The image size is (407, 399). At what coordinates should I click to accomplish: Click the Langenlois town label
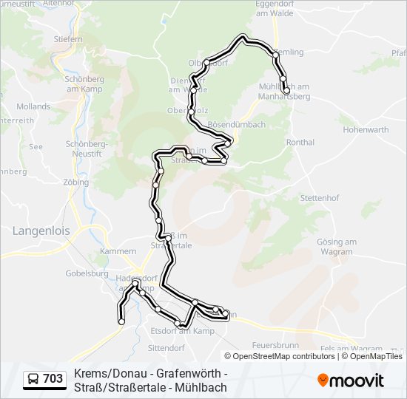tap(41, 231)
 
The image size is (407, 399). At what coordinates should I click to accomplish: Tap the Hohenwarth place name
tap(365, 129)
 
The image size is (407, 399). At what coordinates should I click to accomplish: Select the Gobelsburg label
tap(87, 273)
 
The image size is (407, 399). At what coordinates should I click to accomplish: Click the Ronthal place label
tap(300, 142)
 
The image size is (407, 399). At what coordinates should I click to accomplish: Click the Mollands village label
tap(33, 106)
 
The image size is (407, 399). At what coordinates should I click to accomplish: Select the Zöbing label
tap(76, 181)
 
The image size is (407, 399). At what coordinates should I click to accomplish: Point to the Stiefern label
tap(68, 38)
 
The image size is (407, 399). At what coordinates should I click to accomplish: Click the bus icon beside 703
tap(33, 380)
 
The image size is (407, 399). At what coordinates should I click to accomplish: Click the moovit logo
tap(351, 380)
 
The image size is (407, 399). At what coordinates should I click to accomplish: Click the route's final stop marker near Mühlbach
tap(286, 91)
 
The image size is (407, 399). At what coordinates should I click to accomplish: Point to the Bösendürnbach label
tap(237, 124)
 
